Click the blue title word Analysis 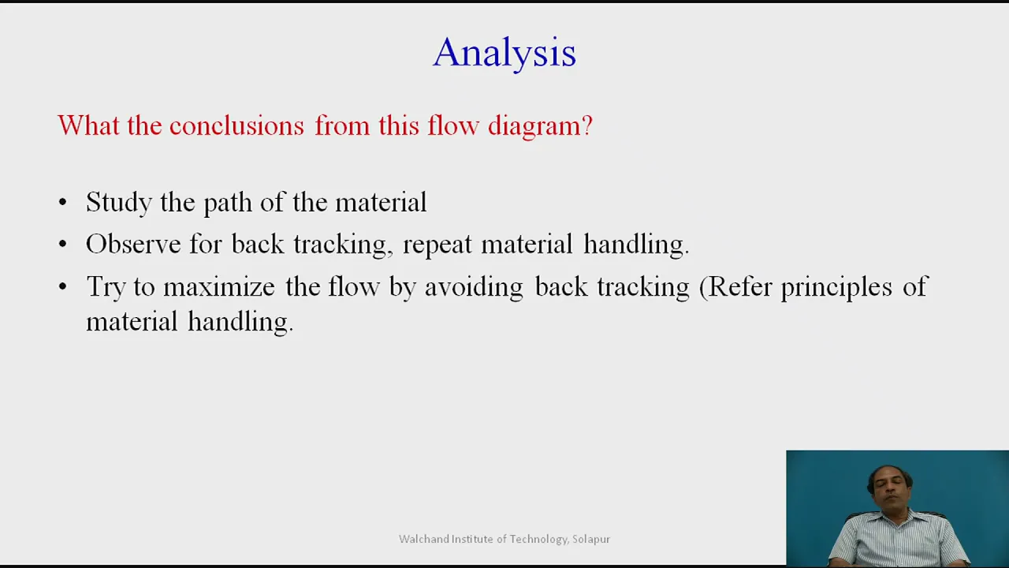point(504,53)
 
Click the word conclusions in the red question point(237,125)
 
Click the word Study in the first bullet point(119,203)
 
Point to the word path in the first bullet point(228,204)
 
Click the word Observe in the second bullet point(133,244)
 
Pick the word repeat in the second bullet point(437,245)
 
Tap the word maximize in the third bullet point(219,286)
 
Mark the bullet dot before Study point(62,203)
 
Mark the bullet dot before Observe point(62,245)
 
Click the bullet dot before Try point(62,286)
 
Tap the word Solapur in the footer point(591,539)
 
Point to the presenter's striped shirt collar point(890,519)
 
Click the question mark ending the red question point(587,125)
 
